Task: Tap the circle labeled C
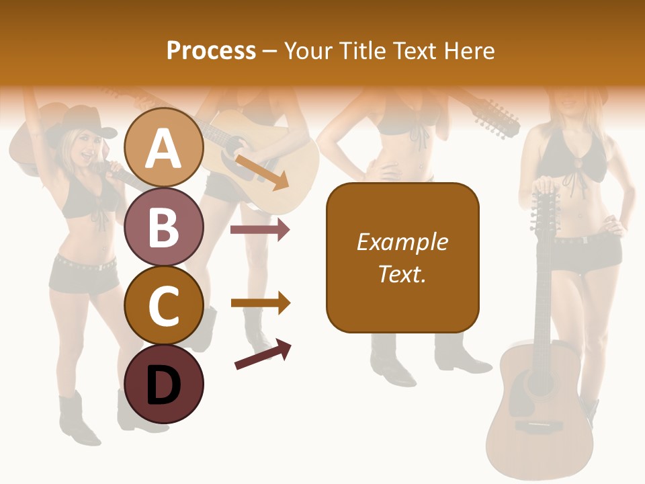tap(164, 306)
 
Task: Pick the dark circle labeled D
tap(164, 385)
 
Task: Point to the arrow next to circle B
tap(260, 230)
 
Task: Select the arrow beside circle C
tap(260, 303)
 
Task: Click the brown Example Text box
tap(402, 257)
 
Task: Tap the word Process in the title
tap(211, 50)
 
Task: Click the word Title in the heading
tap(363, 50)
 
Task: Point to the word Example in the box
tap(402, 242)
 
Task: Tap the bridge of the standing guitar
tap(538, 426)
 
